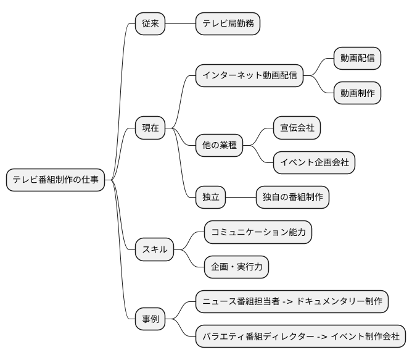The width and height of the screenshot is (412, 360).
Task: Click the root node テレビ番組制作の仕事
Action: [55, 180]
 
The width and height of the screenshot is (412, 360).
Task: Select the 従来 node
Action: [150, 24]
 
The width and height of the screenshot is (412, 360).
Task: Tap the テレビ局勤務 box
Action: [228, 24]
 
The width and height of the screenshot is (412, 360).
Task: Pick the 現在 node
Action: [150, 128]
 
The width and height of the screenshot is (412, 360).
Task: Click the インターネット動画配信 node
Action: [249, 76]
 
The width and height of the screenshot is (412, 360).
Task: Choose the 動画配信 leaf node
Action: [357, 58]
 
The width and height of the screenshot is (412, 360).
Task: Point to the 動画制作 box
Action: [357, 93]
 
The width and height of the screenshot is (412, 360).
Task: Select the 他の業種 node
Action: [219, 146]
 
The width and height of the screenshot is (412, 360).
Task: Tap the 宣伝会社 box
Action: [297, 128]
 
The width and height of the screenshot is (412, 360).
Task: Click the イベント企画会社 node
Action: [315, 163]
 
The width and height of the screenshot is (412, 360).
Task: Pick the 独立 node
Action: [210, 198]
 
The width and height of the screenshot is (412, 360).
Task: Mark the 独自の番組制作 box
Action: [293, 198]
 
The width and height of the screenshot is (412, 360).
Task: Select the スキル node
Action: [155, 250]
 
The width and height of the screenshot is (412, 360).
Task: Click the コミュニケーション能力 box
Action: [258, 232]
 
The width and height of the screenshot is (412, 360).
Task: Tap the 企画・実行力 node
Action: [237, 267]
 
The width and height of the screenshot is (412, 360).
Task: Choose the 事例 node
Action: [150, 319]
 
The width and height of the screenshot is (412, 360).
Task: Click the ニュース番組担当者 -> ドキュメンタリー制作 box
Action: [292, 302]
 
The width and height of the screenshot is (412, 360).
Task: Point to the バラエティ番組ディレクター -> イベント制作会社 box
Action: [301, 337]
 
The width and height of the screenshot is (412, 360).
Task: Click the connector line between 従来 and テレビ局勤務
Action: [181, 24]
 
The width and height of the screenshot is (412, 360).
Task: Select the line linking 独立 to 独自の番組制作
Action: [241, 198]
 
